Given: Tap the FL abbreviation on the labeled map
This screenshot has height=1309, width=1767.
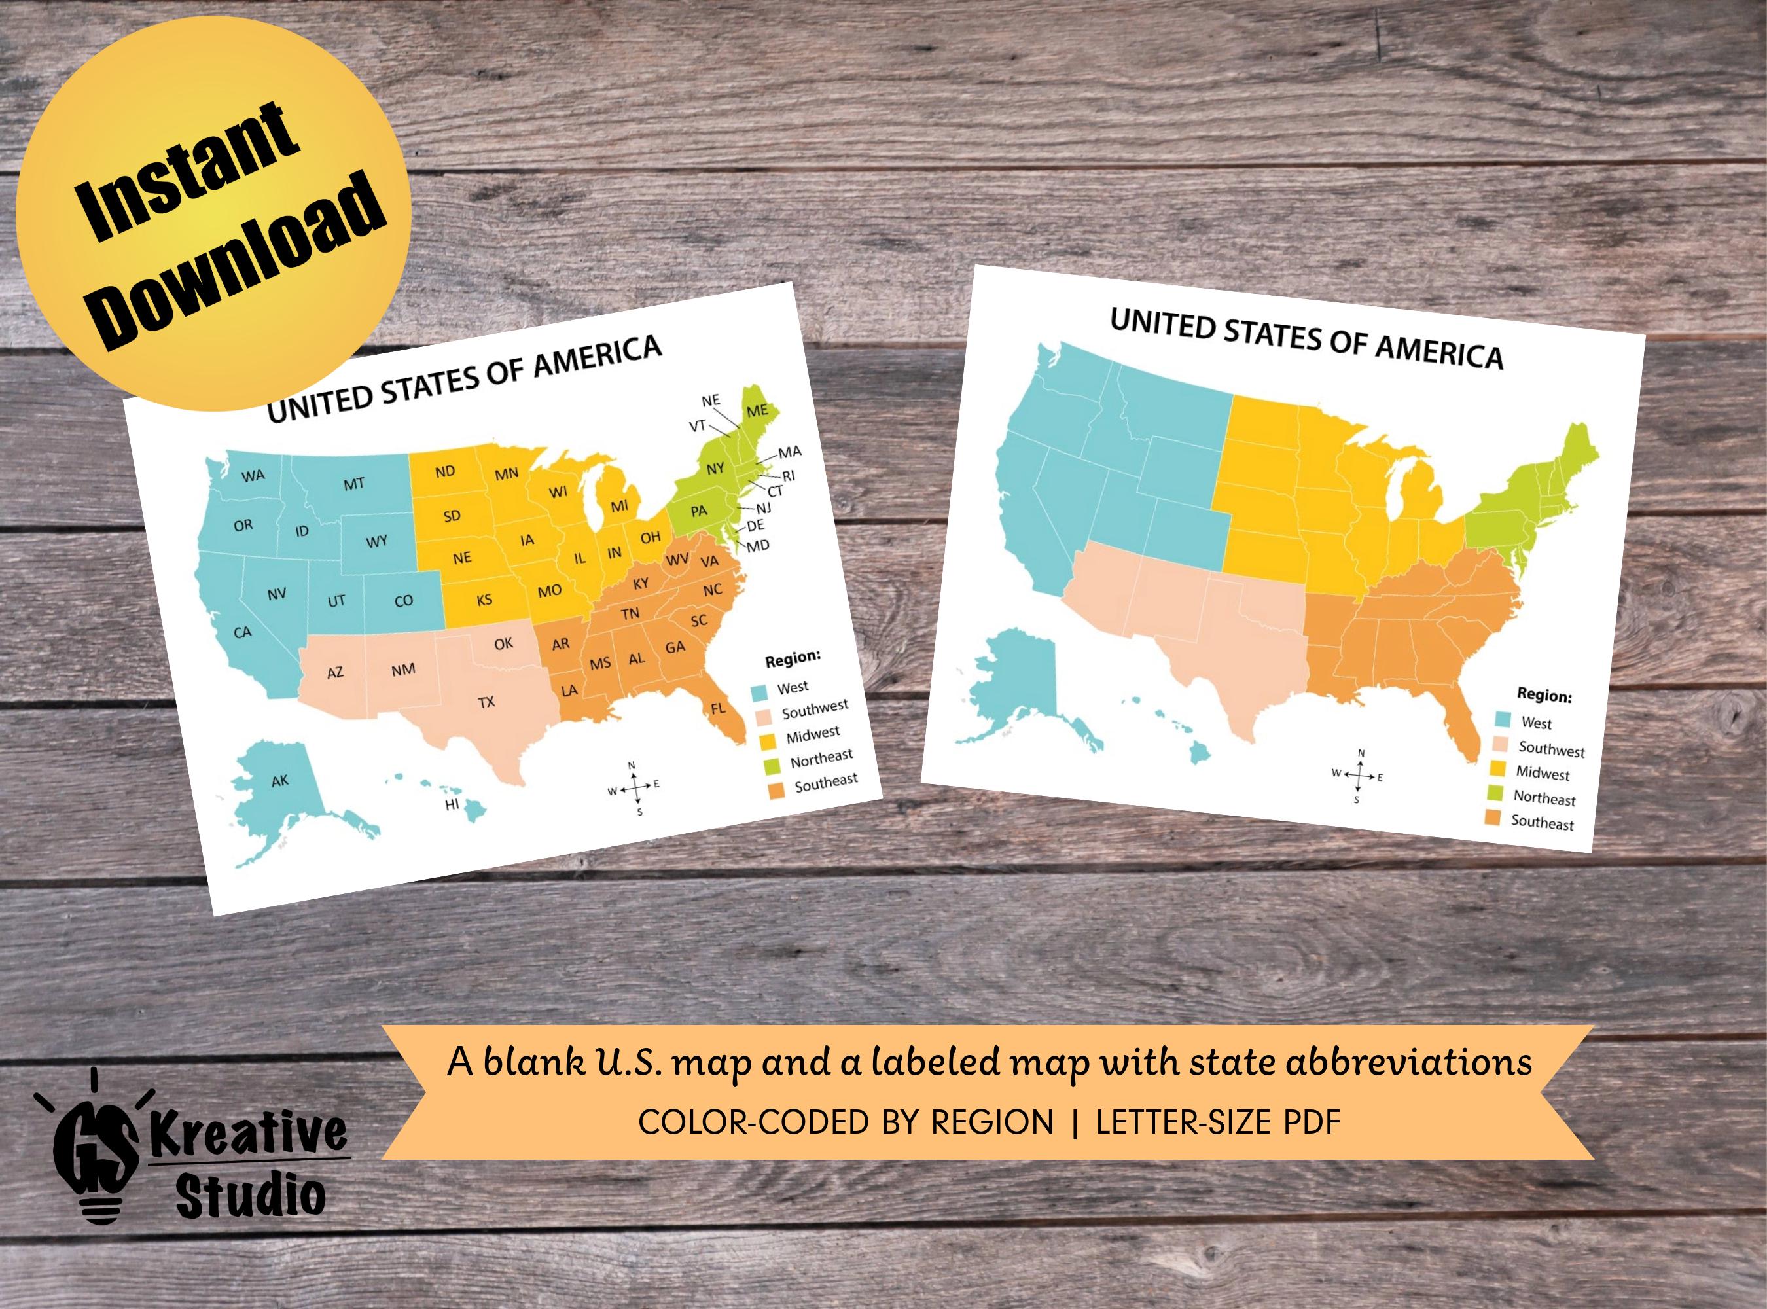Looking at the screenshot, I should click(718, 708).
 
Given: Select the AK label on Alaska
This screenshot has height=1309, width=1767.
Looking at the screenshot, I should click(279, 781).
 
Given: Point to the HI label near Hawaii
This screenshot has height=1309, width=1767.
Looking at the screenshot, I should click(452, 805).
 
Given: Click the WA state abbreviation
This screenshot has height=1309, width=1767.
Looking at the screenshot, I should click(253, 476).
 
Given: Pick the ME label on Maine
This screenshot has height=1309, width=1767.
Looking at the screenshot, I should click(757, 410).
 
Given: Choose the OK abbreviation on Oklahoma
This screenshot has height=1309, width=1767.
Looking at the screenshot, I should click(503, 644).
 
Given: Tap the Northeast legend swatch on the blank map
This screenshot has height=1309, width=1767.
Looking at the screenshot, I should click(1495, 793).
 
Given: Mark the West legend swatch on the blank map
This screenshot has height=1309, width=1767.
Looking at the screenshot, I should click(1503, 719).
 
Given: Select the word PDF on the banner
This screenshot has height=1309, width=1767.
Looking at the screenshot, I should click(1308, 1122).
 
